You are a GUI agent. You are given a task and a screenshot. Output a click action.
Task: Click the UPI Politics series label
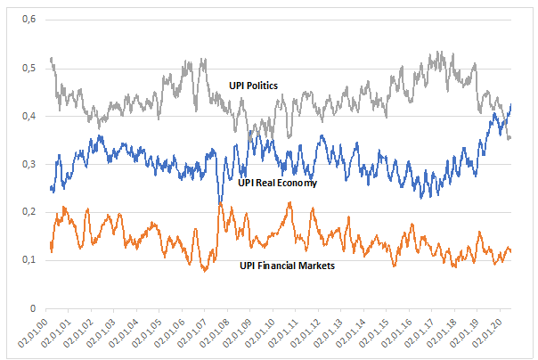254,86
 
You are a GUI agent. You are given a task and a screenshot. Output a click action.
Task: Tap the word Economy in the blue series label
299,182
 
